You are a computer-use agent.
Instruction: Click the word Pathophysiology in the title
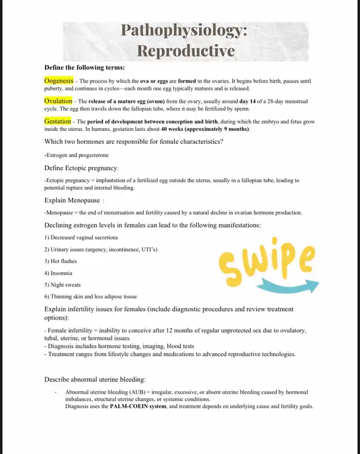(184, 31)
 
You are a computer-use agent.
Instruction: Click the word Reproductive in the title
(186, 51)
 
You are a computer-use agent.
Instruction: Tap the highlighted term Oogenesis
(58, 81)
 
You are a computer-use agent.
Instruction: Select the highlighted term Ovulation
(58, 101)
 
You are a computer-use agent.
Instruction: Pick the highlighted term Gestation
(57, 121)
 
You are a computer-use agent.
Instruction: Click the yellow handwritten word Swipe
(267, 262)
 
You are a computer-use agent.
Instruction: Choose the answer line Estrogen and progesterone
(76, 155)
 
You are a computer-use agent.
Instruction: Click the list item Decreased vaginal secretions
(82, 237)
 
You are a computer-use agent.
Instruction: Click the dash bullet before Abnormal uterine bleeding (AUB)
(55, 392)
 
